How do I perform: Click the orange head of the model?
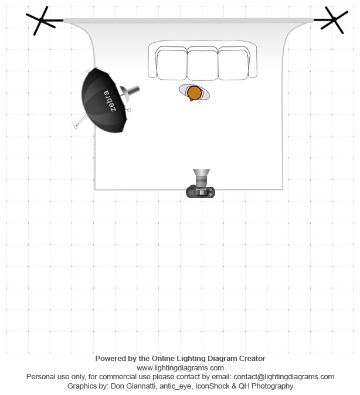(195, 93)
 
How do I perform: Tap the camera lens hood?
(202, 173)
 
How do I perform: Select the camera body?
(201, 192)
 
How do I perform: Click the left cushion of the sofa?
(172, 64)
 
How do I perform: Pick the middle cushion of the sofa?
(203, 64)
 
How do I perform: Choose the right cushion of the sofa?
(233, 64)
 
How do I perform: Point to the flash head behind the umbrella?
(130, 92)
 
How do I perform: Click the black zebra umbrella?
(104, 100)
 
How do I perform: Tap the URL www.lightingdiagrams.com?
(180, 368)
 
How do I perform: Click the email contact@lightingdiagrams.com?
(284, 377)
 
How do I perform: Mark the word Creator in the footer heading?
(252, 359)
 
